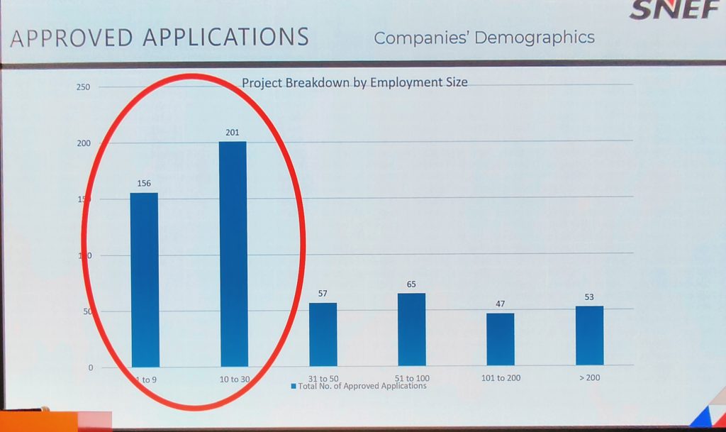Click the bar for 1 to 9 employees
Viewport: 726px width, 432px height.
click(x=144, y=279)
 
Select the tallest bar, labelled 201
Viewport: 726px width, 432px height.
click(x=233, y=253)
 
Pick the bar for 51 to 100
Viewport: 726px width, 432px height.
click(x=411, y=329)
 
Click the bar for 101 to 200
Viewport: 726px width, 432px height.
click(x=501, y=339)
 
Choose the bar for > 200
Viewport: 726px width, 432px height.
click(x=589, y=336)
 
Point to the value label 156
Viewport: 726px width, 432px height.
click(x=144, y=184)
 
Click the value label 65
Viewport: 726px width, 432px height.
click(x=411, y=284)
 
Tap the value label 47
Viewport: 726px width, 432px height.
click(x=501, y=304)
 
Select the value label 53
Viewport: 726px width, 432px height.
click(x=589, y=297)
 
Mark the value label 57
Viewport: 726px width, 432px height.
click(x=323, y=293)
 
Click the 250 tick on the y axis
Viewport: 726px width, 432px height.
click(x=84, y=87)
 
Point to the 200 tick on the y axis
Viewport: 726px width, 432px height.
click(x=84, y=143)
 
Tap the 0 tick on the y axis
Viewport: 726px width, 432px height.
click(x=91, y=367)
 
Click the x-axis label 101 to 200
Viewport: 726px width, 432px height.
click(x=501, y=377)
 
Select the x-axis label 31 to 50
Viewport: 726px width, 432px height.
click(x=323, y=379)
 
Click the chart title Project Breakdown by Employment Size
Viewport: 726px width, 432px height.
click(x=354, y=82)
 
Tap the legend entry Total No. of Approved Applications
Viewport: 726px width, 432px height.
click(x=362, y=387)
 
